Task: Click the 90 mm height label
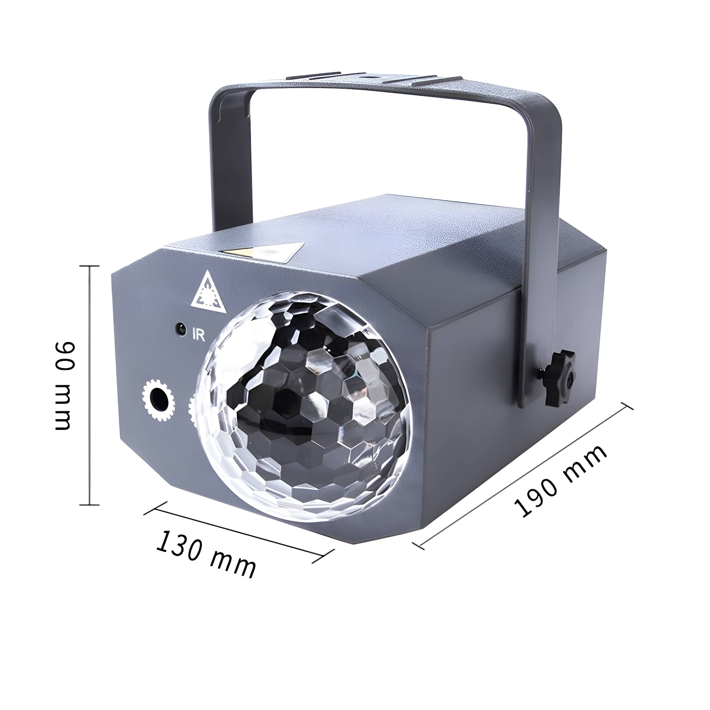pyautogui.click(x=65, y=386)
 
